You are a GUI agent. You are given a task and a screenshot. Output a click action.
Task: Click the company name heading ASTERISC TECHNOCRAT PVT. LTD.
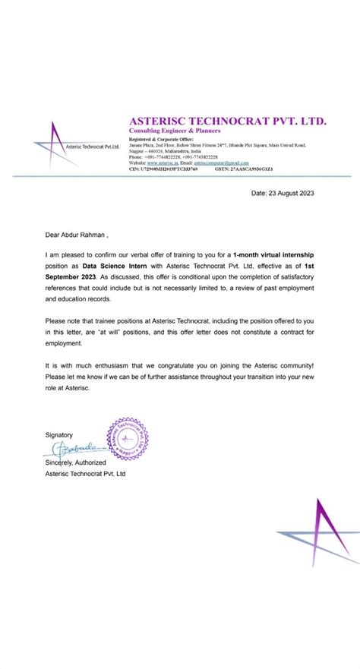(x=228, y=121)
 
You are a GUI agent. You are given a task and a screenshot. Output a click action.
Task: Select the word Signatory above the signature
(x=59, y=434)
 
